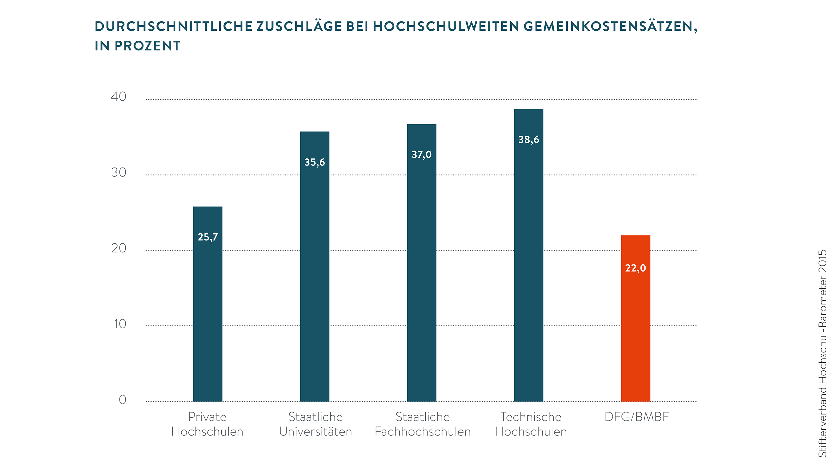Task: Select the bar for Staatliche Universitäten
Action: coord(315,277)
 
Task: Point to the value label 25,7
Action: coord(208,237)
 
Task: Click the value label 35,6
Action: coord(315,162)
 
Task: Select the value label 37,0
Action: coord(422,154)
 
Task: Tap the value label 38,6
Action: coord(529,140)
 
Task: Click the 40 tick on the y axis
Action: coord(118,96)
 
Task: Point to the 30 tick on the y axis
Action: coord(118,172)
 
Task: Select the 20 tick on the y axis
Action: coord(118,248)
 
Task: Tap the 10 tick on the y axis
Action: coord(120,324)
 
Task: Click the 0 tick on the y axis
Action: coord(122,399)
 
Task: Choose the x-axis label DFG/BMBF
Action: coord(637,417)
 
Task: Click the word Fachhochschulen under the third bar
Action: coord(423,432)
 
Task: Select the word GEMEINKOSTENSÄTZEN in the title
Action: coord(610,26)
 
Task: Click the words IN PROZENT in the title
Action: coord(137,46)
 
